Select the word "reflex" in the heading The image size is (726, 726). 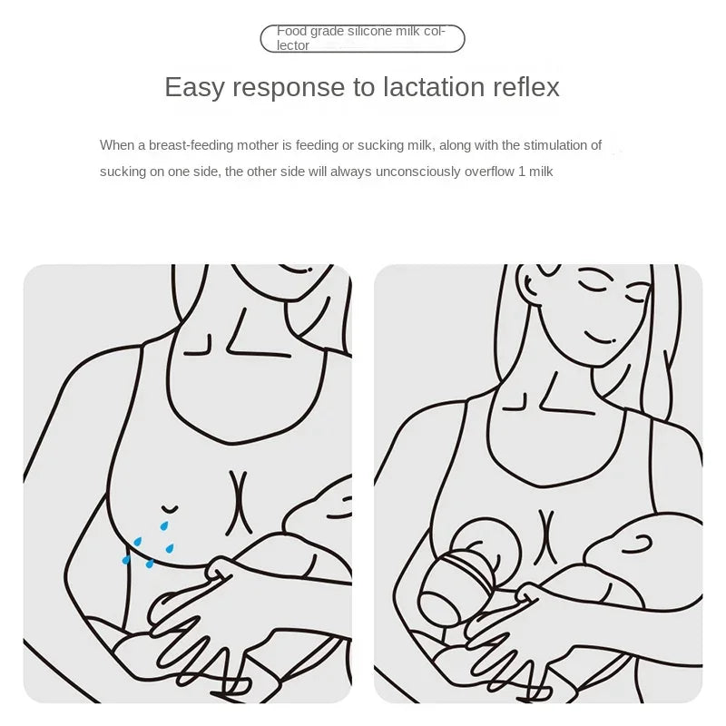(526, 86)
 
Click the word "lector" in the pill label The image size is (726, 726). (293, 45)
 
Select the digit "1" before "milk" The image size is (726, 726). (522, 172)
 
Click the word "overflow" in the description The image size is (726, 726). (489, 172)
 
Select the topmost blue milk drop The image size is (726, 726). (164, 525)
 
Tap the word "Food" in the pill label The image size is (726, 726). (291, 31)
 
